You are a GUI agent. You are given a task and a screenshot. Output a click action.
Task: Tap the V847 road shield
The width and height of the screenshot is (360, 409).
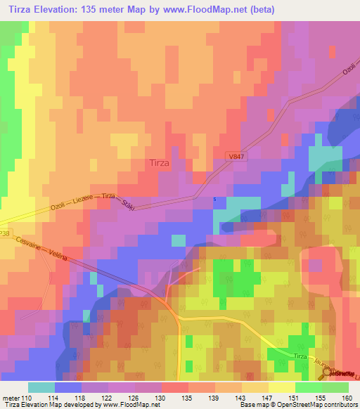pos(237,156)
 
